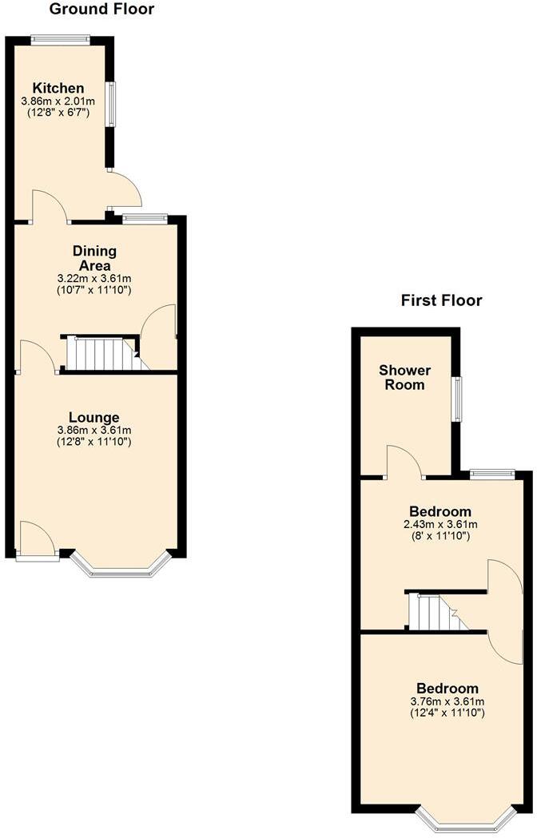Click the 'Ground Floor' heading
(x=101, y=10)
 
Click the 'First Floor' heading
(x=441, y=300)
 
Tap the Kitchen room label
(x=58, y=88)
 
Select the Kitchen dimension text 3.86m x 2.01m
(x=58, y=101)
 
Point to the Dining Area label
(x=93, y=258)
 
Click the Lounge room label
(x=93, y=417)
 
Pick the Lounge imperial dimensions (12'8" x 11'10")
(x=93, y=441)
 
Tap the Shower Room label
(x=404, y=377)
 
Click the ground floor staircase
(x=101, y=354)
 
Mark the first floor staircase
(x=436, y=613)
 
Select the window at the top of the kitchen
(x=60, y=38)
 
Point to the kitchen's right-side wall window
(x=112, y=104)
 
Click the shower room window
(x=457, y=399)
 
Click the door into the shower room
(x=405, y=463)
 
